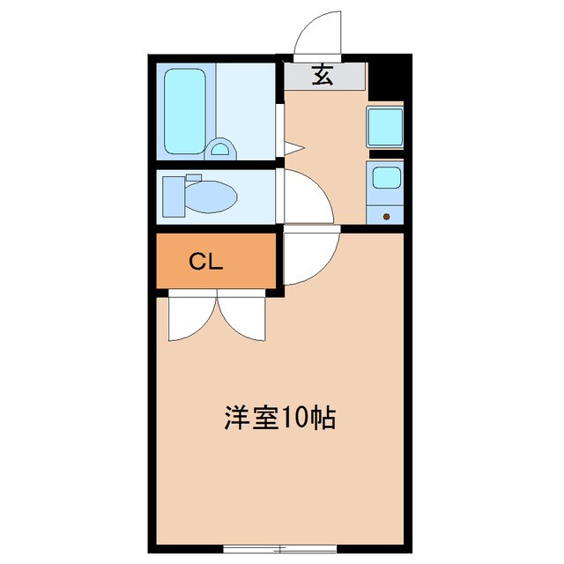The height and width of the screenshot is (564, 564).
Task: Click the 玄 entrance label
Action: pyautogui.click(x=323, y=76)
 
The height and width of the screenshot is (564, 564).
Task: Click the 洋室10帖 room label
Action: pyautogui.click(x=278, y=417)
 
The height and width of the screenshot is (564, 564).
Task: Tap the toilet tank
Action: pyautogui.click(x=173, y=195)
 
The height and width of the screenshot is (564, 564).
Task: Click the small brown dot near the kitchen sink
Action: pyautogui.click(x=385, y=215)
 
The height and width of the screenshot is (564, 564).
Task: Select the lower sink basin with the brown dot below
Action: pyautogui.click(x=385, y=179)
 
